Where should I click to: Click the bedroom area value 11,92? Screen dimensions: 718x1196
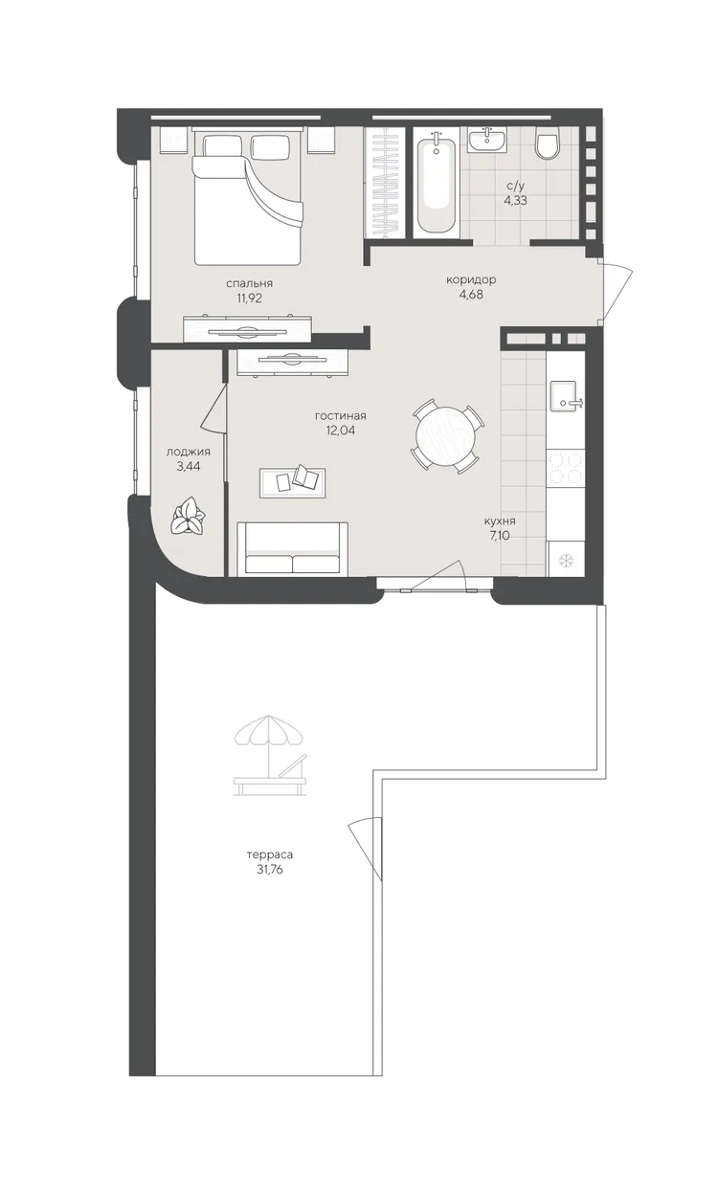[250, 298]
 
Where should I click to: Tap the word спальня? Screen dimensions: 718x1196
[250, 283]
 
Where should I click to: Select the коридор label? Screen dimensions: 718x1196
[471, 279]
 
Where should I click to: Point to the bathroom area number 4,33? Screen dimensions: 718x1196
[516, 200]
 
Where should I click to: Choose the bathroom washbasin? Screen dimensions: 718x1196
[487, 140]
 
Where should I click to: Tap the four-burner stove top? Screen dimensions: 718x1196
[566, 468]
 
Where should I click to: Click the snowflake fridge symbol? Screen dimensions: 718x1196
[565, 560]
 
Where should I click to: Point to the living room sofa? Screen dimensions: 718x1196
[292, 549]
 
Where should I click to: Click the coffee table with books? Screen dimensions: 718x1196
[292, 482]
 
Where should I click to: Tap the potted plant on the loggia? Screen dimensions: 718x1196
[188, 516]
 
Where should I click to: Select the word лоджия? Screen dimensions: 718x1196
[188, 452]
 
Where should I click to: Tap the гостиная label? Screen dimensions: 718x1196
[341, 416]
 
